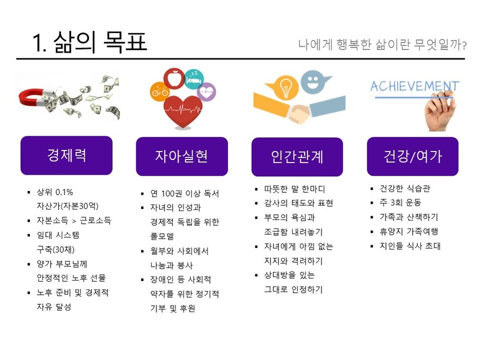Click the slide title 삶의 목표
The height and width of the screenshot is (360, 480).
[x=100, y=42]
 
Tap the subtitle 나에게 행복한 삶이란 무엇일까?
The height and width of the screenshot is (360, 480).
[x=382, y=45]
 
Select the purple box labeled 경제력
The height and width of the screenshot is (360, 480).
[x=66, y=155]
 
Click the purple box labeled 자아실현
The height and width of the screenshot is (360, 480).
[x=182, y=156]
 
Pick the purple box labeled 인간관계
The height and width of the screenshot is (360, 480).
[x=297, y=157]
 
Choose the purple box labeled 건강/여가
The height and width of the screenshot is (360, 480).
[x=413, y=156]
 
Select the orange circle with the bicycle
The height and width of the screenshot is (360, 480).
[x=159, y=91]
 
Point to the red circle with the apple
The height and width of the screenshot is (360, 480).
[x=174, y=78]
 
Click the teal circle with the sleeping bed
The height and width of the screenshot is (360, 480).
[x=194, y=79]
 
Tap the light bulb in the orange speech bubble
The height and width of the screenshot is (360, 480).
[x=286, y=88]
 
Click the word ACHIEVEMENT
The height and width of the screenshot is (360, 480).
[x=415, y=86]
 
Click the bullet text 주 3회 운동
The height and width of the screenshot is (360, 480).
[x=401, y=202]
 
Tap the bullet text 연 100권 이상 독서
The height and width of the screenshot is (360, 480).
[x=185, y=194]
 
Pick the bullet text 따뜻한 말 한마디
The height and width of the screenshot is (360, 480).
[x=295, y=189]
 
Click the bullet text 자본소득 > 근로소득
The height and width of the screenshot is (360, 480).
[x=74, y=221]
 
